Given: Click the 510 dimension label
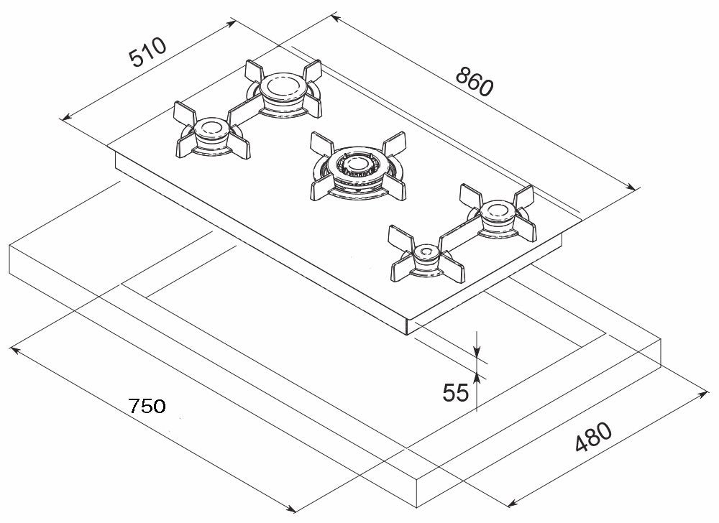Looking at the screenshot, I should tap(148, 52).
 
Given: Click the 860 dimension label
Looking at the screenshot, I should tap(474, 82).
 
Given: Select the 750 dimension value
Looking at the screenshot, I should tap(148, 406).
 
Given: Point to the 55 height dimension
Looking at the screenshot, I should tap(455, 393).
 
